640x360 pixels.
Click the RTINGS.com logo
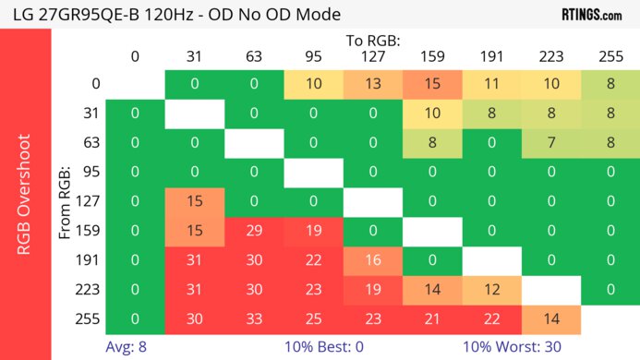click(591, 15)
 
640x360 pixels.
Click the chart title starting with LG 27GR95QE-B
click(175, 15)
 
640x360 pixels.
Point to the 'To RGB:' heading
click(373, 42)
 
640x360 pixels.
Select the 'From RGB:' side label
click(66, 201)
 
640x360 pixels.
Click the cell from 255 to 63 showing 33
click(254, 320)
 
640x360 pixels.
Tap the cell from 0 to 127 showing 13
click(373, 84)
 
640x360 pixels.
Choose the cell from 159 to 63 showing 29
click(254, 232)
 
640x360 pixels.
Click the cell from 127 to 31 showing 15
click(195, 202)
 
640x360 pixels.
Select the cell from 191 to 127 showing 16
click(373, 261)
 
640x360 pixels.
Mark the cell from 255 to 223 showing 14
click(550, 320)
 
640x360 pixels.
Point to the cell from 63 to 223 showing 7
click(550, 143)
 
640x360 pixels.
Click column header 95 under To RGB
click(314, 56)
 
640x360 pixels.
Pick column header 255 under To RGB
click(610, 56)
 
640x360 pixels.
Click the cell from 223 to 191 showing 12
click(491, 291)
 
